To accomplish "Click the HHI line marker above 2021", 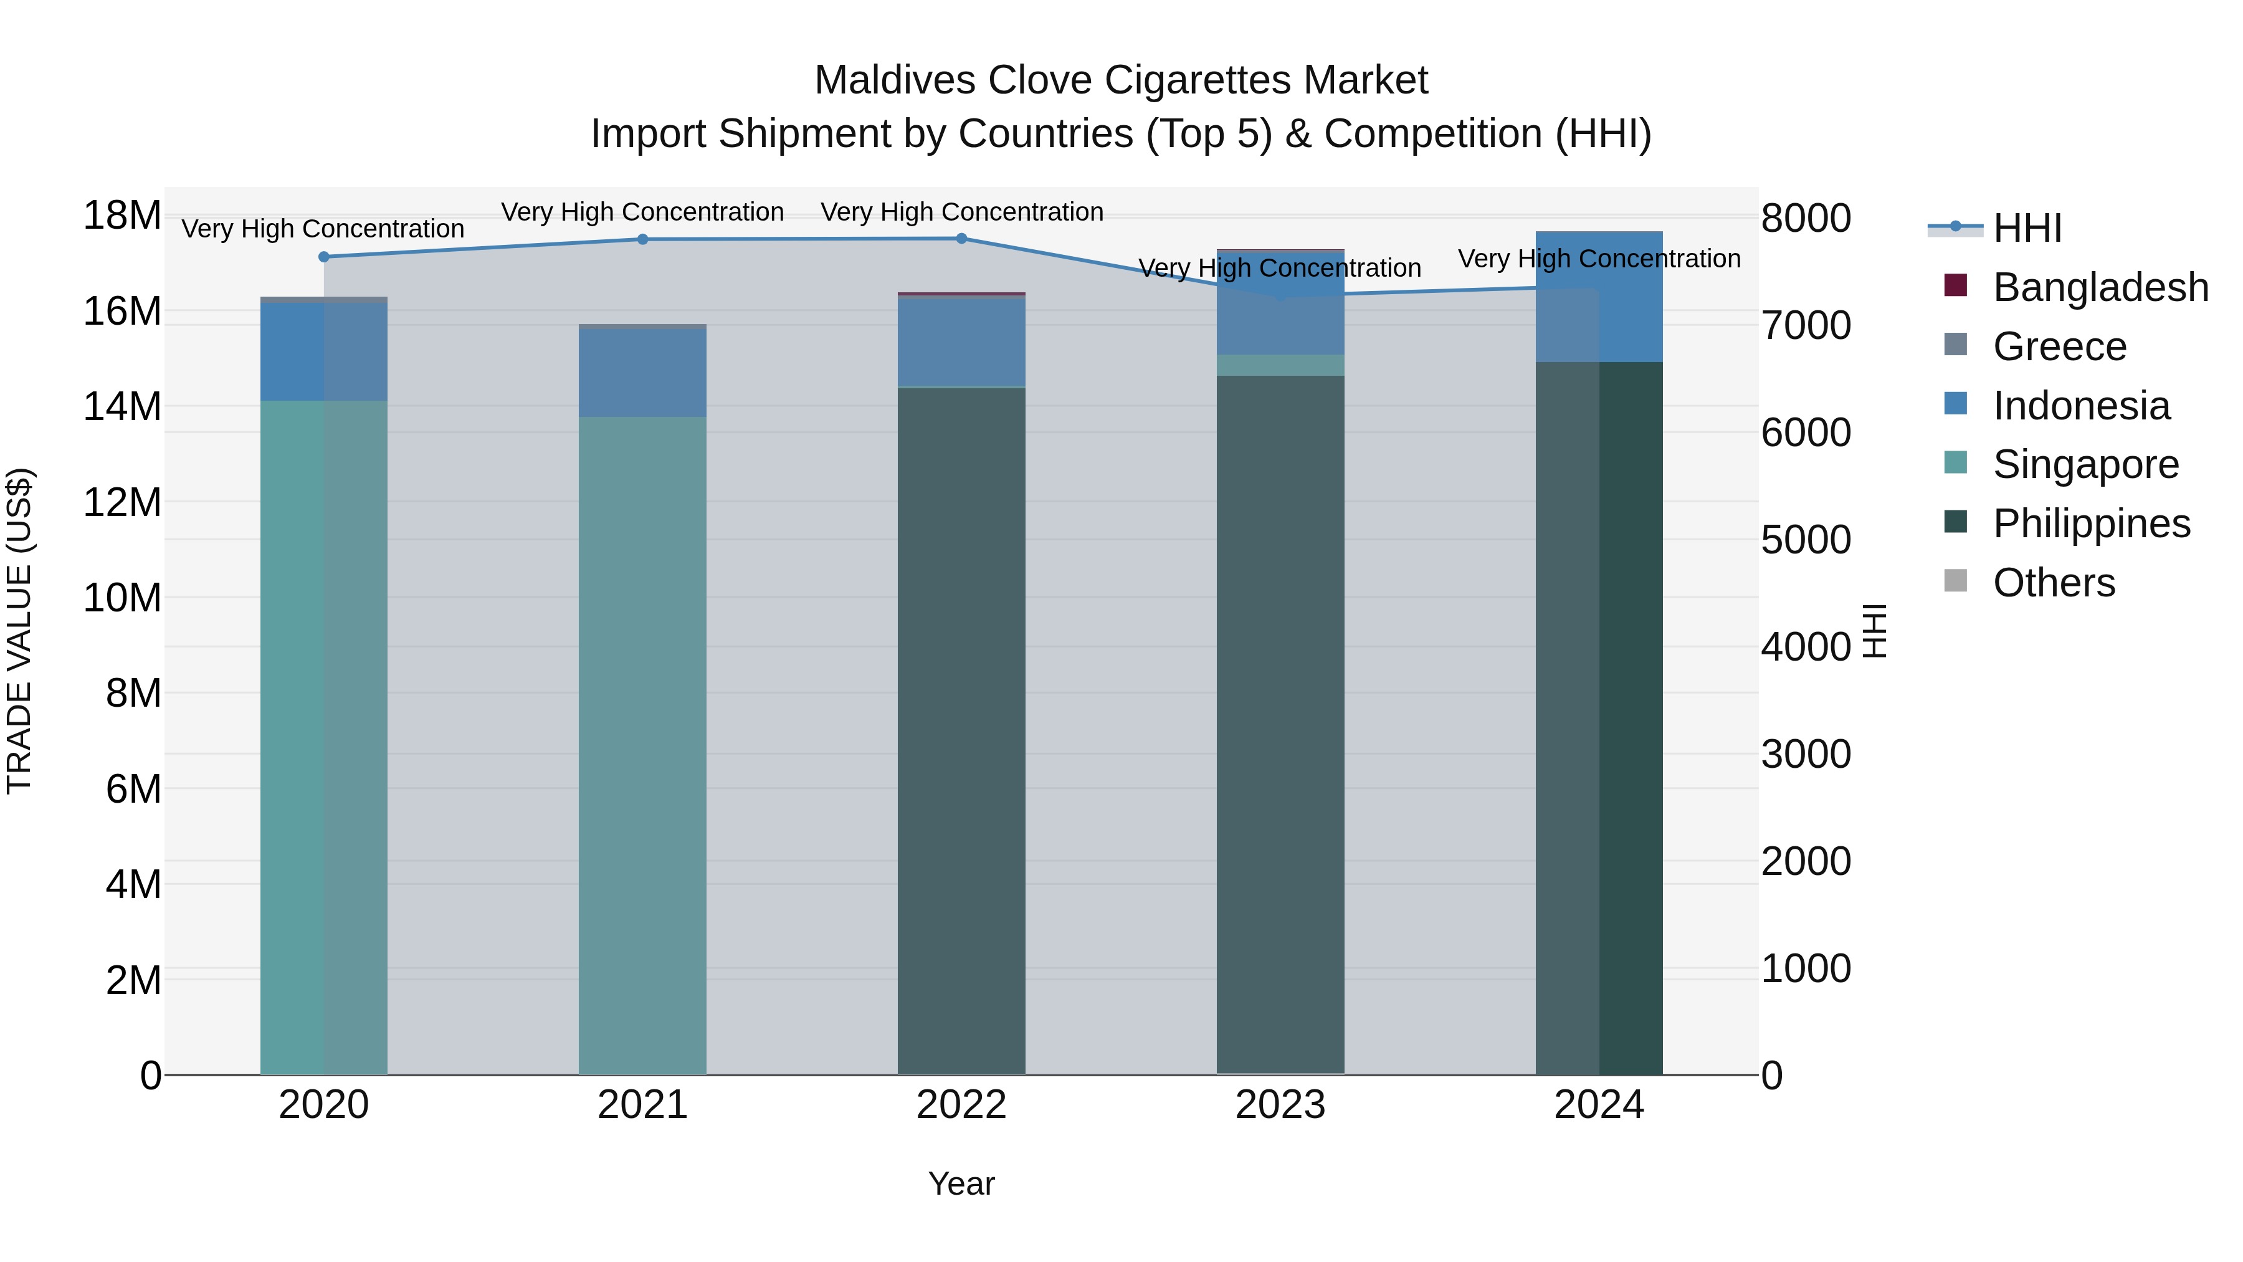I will point(642,239).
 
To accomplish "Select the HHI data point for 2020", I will point(324,257).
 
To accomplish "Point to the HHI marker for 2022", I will point(961,239).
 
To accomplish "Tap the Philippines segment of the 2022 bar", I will point(961,732).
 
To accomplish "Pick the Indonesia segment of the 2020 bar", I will point(324,352).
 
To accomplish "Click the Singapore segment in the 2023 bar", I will point(1280,365).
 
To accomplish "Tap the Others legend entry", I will point(2053,583).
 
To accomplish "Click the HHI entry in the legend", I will point(2026,228).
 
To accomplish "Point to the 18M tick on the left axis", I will point(122,215).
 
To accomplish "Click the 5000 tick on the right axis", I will point(1806,540).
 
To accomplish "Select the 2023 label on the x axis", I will point(1280,1105).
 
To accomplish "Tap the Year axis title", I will point(961,1183).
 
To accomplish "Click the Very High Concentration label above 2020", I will point(323,229).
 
